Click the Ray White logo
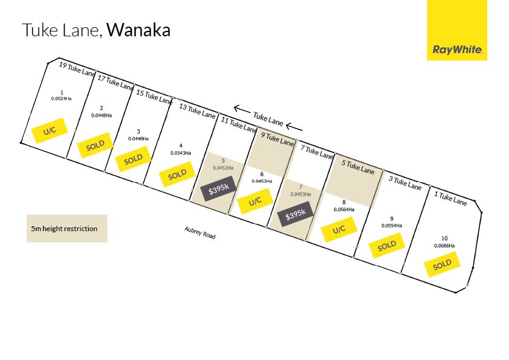(x=457, y=30)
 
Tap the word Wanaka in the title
(x=138, y=30)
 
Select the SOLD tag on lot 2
(x=96, y=145)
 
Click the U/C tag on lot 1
(x=50, y=131)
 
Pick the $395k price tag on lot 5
(x=218, y=188)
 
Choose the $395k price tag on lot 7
(x=296, y=214)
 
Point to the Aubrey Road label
(x=200, y=232)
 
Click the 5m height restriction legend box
(x=67, y=229)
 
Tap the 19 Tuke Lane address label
(x=77, y=69)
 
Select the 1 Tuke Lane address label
(x=450, y=198)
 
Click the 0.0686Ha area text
(x=444, y=246)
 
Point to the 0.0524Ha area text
(x=61, y=99)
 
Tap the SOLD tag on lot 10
(x=442, y=265)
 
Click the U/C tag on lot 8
(x=339, y=230)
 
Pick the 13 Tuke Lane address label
(x=197, y=111)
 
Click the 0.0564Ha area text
(x=344, y=209)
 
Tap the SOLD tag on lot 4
(x=177, y=174)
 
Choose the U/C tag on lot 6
(x=255, y=201)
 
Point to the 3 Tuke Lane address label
(x=405, y=183)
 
